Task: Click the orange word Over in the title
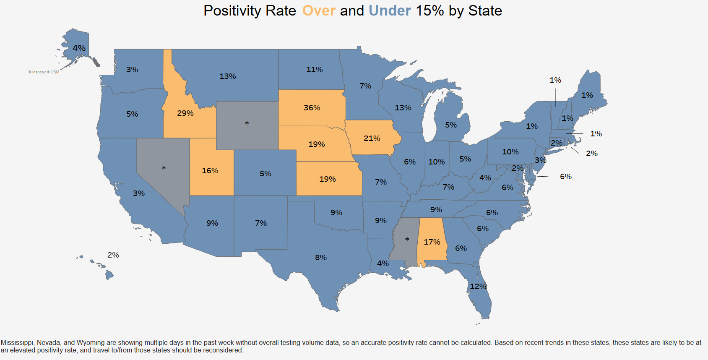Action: click(x=319, y=10)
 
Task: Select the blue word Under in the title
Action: click(x=390, y=10)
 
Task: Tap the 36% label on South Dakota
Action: click(x=312, y=108)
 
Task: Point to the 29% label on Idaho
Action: click(x=185, y=113)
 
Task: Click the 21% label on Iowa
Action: click(x=372, y=138)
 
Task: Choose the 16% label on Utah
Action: click(x=210, y=171)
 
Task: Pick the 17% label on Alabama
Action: click(x=432, y=242)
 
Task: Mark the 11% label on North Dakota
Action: click(x=315, y=70)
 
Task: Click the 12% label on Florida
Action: click(x=478, y=287)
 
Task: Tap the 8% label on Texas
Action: click(x=321, y=258)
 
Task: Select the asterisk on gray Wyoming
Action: click(x=247, y=123)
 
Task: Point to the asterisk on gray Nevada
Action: click(x=164, y=168)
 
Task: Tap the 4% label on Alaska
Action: click(x=79, y=48)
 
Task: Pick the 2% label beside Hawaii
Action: click(x=113, y=255)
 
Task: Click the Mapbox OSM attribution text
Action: click(x=44, y=72)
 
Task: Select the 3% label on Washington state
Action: click(x=132, y=70)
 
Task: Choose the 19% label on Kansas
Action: click(x=328, y=179)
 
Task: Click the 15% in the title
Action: click(x=430, y=10)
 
